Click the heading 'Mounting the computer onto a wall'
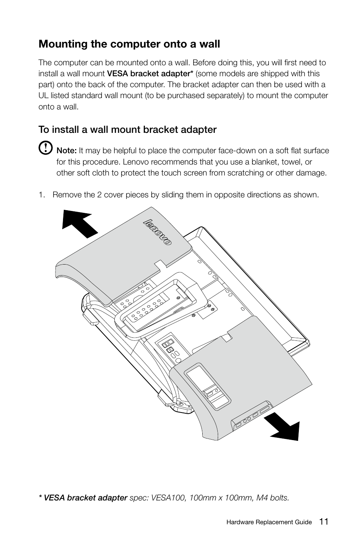[x=129, y=44]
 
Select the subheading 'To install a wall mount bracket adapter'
[x=128, y=130]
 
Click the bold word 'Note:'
[x=66, y=151]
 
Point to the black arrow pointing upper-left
[x=80, y=223]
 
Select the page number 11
[x=323, y=522]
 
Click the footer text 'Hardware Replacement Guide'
[x=269, y=522]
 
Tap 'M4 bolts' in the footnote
[x=273, y=498]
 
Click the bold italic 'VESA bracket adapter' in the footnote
[x=85, y=498]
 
